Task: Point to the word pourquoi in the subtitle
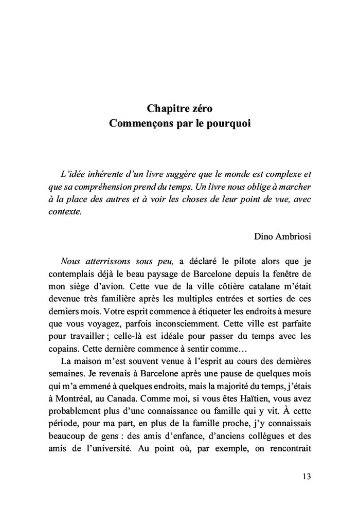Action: coord(229,124)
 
